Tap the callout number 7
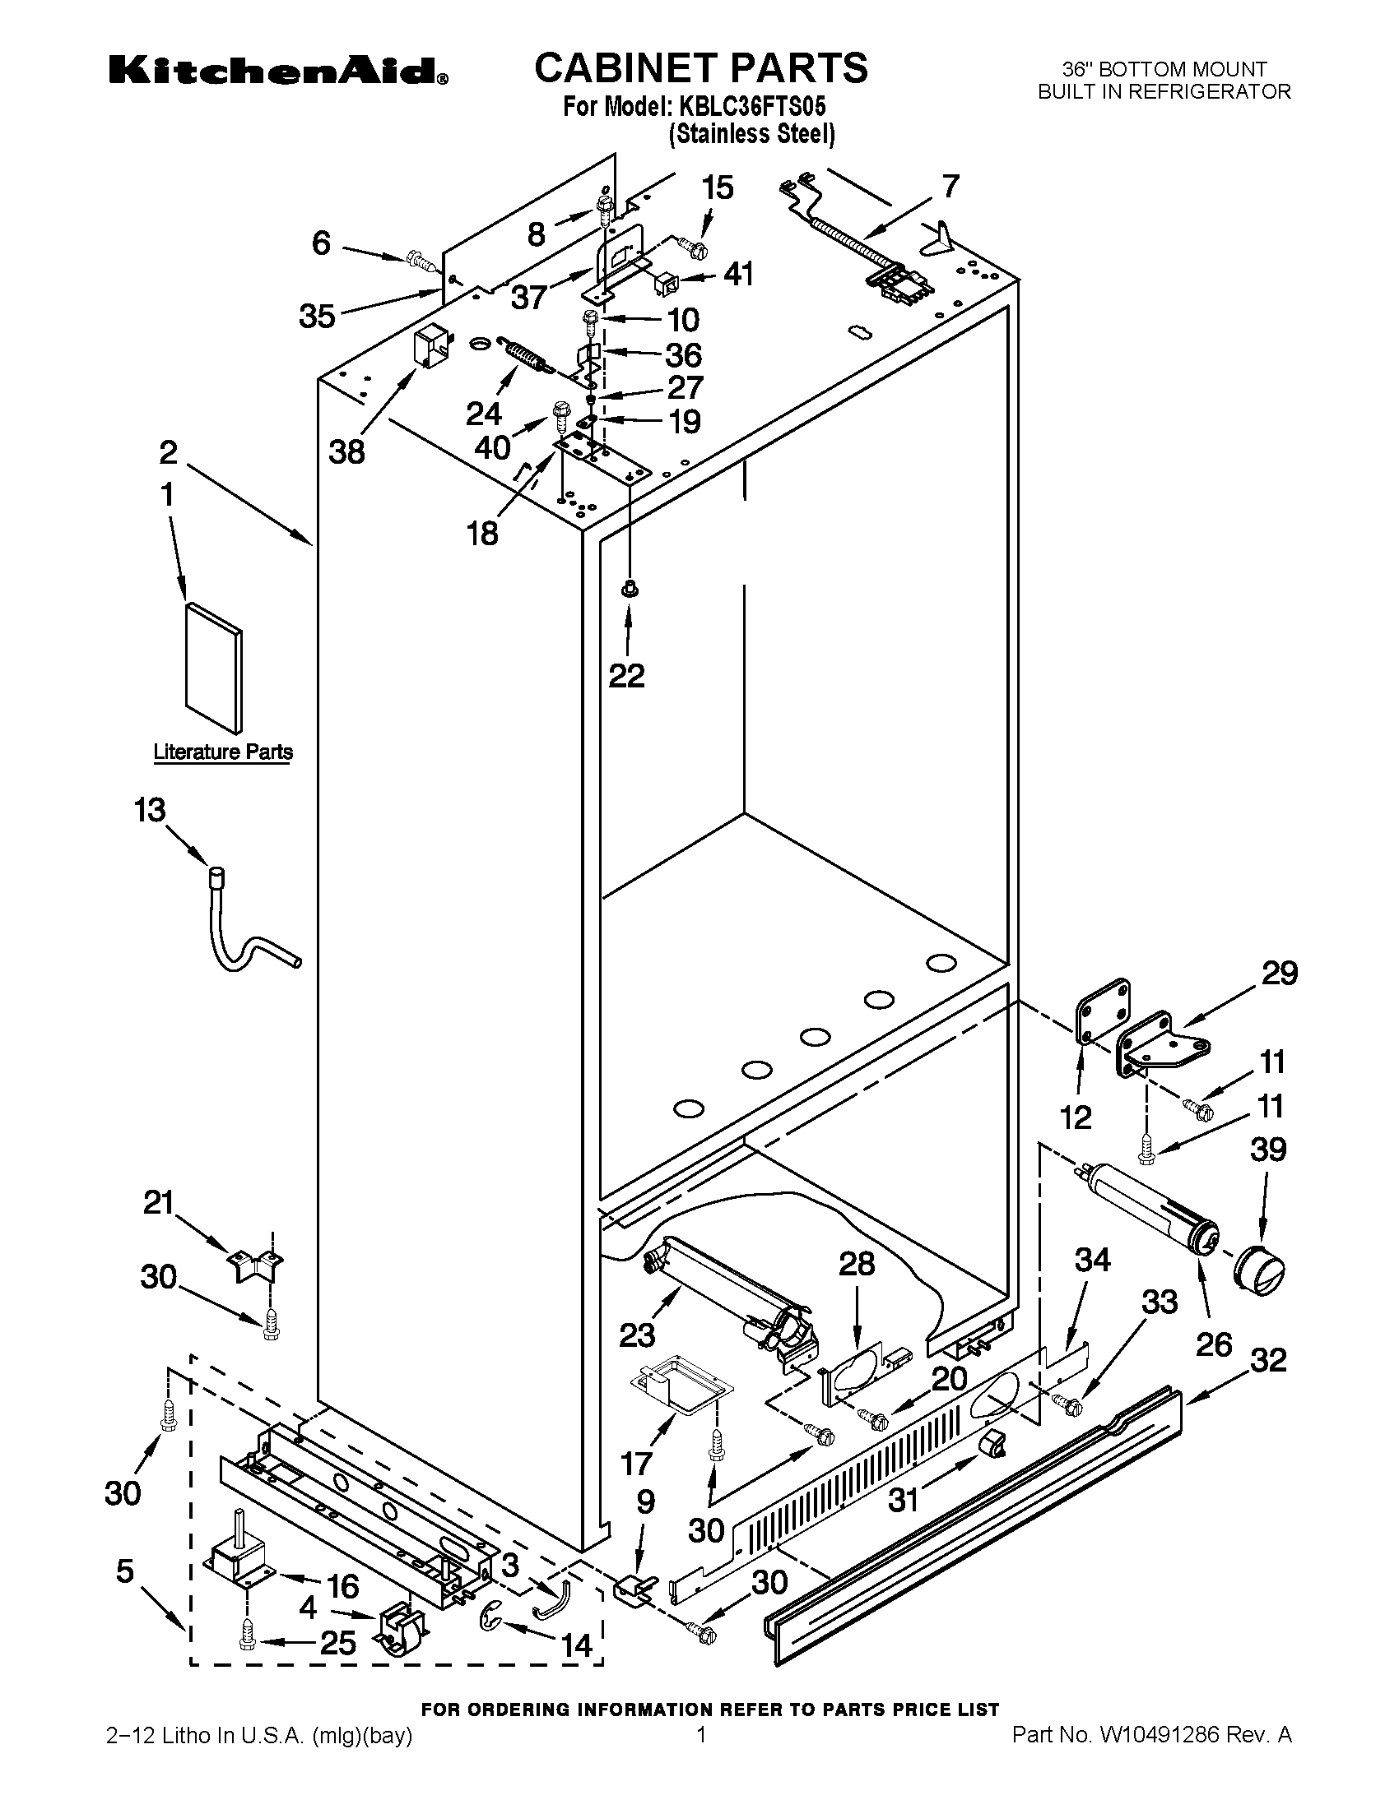[x=950, y=187]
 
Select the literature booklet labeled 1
[x=214, y=669]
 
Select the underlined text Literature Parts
[x=223, y=752]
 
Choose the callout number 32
[x=1268, y=1359]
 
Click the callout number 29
[x=1279, y=974]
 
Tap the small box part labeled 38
[x=433, y=345]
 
